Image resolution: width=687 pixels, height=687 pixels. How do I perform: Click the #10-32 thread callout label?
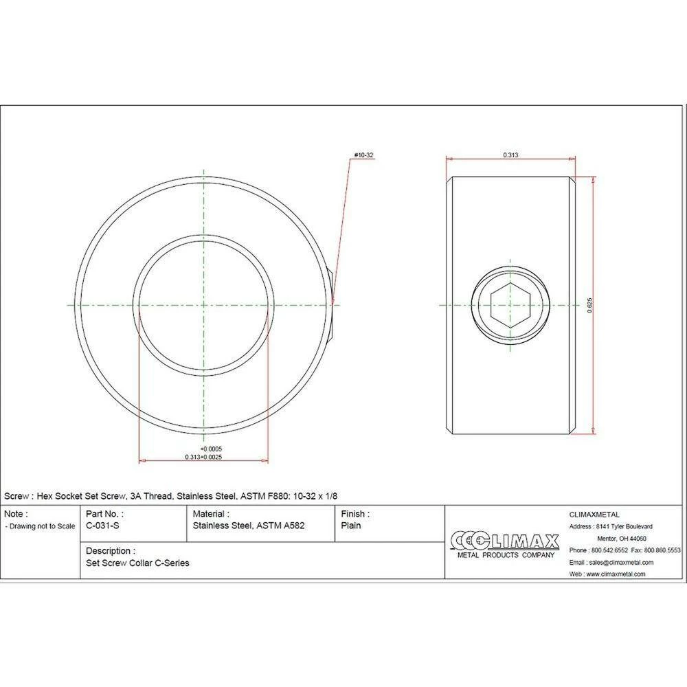363,155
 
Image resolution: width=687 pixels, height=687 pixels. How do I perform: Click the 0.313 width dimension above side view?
510,155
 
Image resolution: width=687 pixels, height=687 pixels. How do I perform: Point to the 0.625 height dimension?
589,305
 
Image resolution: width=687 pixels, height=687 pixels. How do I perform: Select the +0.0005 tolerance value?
211,449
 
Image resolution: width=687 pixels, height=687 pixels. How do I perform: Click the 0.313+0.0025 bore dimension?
203,457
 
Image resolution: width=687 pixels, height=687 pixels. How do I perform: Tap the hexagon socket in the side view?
510,305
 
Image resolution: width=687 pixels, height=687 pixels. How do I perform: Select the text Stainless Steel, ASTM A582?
249,526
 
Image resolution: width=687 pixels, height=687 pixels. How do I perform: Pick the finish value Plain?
351,526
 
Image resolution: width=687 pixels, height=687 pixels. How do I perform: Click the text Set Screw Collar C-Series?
137,563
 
